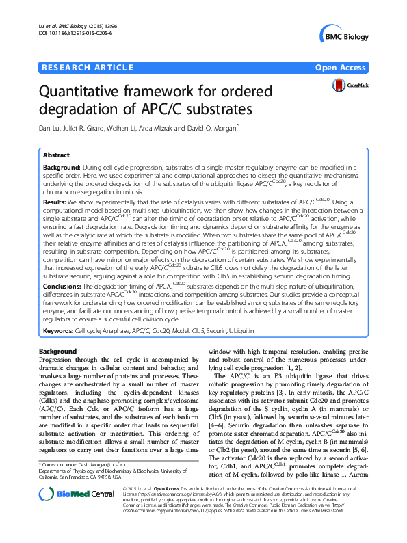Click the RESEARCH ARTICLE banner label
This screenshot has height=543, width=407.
[x=88, y=67]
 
